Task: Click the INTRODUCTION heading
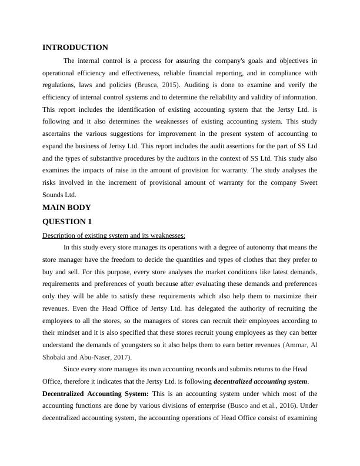tap(75, 48)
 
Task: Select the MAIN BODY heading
tap(66, 208)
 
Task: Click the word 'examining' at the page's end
tap(302, 418)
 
